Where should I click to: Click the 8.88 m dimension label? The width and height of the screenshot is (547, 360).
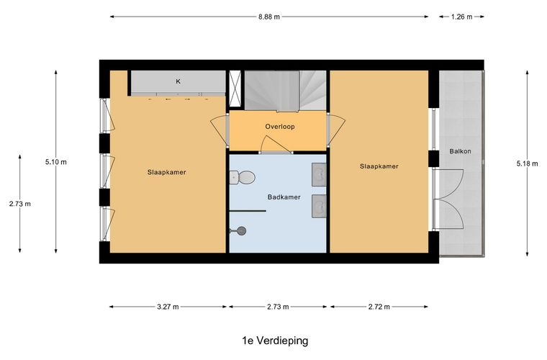270,16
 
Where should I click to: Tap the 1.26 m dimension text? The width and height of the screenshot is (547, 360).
461,16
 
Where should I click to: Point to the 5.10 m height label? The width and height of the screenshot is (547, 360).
55,162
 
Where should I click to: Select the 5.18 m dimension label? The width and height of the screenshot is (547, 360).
528,163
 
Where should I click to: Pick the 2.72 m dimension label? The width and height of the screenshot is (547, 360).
379,307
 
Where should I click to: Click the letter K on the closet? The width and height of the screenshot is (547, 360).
178,81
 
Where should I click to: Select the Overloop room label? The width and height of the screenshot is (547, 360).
279,127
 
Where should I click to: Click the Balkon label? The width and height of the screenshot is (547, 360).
460,152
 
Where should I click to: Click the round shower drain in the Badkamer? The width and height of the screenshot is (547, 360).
242,230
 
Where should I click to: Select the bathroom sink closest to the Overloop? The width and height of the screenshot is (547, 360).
320,174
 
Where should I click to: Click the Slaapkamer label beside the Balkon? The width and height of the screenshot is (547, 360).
379,166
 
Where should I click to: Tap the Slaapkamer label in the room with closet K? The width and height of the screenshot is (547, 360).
166,172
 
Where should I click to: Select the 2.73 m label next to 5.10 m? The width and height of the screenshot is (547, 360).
20,204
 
